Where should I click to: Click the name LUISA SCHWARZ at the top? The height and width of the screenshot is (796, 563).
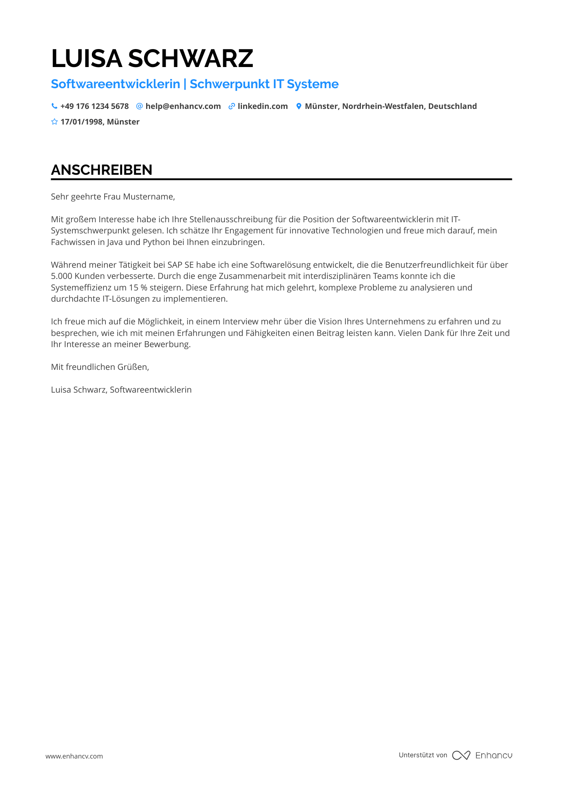(x=152, y=58)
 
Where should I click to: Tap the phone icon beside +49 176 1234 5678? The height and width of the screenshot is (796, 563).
(x=54, y=106)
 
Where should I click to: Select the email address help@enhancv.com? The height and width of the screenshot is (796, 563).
(x=183, y=106)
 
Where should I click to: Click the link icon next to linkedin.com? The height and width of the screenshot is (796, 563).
(x=232, y=106)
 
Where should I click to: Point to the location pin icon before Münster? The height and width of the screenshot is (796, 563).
(x=299, y=106)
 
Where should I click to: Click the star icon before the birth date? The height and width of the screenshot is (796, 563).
(x=54, y=122)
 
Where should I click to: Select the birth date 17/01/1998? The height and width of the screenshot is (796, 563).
(x=81, y=122)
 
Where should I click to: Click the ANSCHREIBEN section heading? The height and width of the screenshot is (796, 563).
(x=101, y=170)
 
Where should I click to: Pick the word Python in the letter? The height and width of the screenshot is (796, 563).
(x=156, y=242)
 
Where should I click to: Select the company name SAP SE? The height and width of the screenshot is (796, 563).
(x=180, y=265)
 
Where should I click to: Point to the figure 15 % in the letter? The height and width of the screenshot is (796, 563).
(x=138, y=287)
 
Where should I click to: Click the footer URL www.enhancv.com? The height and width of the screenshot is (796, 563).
(x=74, y=756)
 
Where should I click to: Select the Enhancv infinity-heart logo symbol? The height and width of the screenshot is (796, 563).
(x=461, y=755)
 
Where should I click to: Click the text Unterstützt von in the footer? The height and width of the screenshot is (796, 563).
(x=423, y=755)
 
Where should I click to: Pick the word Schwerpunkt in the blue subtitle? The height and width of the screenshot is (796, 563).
(x=230, y=84)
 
